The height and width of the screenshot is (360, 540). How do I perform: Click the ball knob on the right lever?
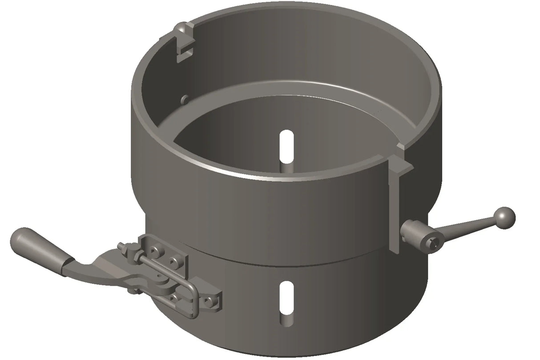pos(505,218)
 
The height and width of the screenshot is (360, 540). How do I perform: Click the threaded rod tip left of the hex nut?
pos(121,245)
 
